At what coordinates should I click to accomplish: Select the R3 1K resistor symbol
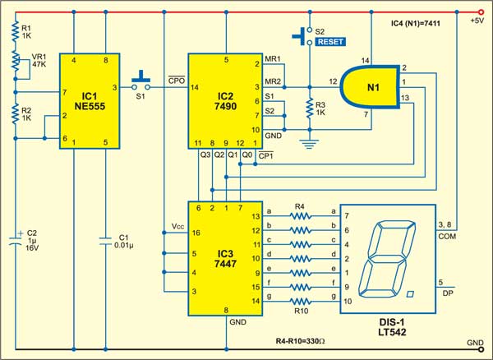coord(309,109)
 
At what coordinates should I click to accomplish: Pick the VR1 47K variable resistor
coord(16,61)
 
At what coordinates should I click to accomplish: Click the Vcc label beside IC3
coord(172,224)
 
